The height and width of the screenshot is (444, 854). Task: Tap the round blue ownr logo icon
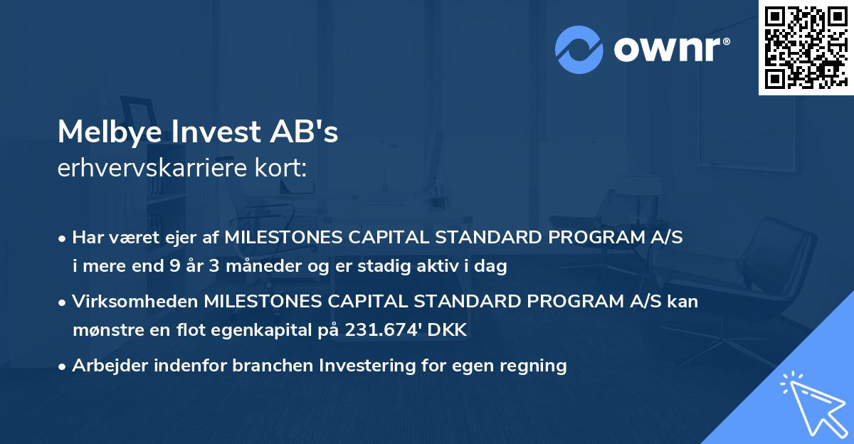click(x=579, y=50)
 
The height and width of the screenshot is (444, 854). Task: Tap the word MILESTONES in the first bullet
click(x=283, y=238)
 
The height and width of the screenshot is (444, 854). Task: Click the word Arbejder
click(x=104, y=366)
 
